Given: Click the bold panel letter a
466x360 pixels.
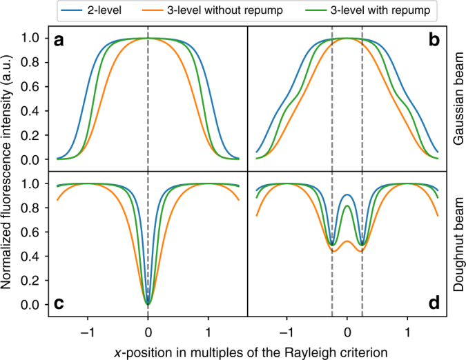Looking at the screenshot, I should pos(60,41).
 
